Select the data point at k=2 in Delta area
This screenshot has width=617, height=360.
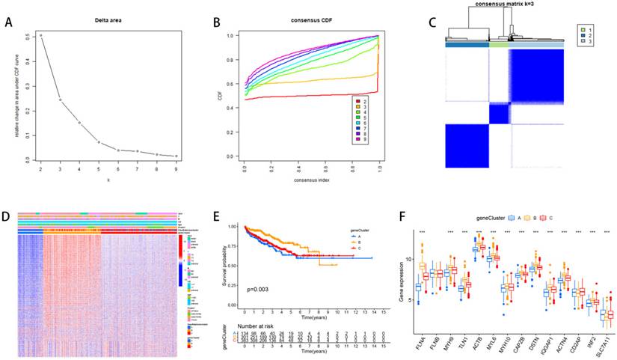[41, 35]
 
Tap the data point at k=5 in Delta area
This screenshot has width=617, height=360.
[99, 141]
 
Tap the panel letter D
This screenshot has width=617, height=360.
[7, 218]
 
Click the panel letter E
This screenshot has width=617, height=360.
[218, 218]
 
